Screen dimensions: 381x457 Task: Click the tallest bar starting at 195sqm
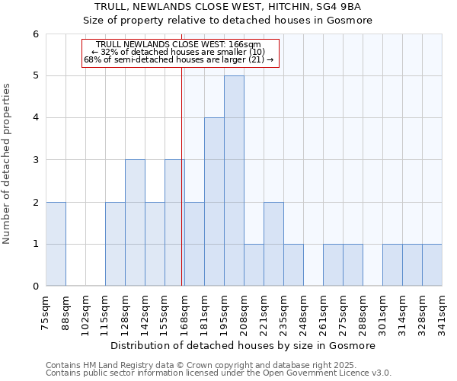(x=234, y=181)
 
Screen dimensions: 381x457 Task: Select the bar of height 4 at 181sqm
(x=214, y=202)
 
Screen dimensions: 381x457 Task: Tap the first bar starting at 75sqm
(x=56, y=244)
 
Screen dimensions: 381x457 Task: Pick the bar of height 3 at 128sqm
(x=135, y=223)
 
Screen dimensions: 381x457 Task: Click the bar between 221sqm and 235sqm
(x=273, y=244)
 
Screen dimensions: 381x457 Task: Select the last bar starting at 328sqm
(x=432, y=265)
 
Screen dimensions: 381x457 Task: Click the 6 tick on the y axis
(x=35, y=34)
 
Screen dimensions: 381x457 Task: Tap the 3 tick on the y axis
(x=35, y=160)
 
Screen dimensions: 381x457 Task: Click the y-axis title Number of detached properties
(x=8, y=164)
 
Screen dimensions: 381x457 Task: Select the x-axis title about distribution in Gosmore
(x=244, y=345)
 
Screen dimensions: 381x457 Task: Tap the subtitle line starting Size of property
(x=228, y=21)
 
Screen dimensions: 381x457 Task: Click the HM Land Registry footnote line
(x=190, y=365)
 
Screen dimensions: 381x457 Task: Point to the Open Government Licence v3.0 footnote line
(x=219, y=373)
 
